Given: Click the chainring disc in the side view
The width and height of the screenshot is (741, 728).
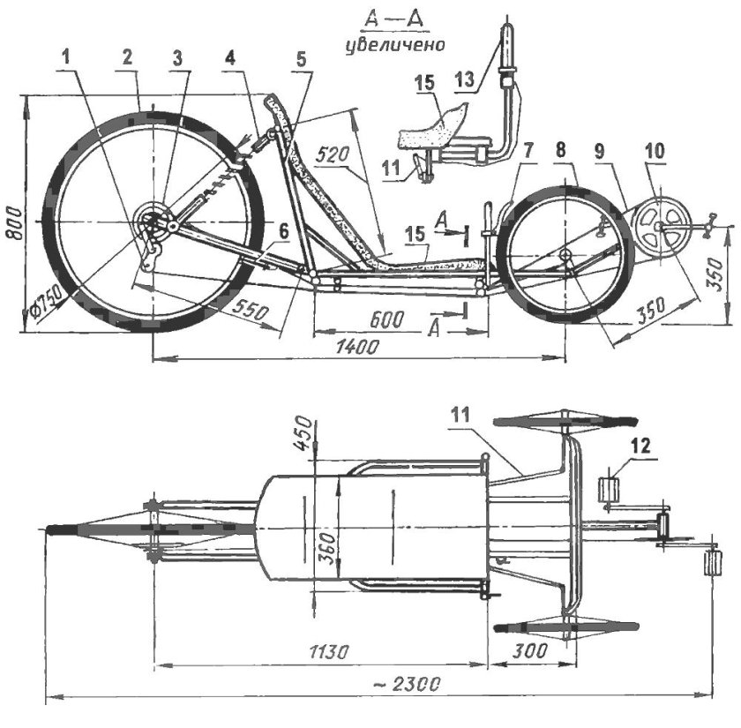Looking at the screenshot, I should click(x=657, y=226).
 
